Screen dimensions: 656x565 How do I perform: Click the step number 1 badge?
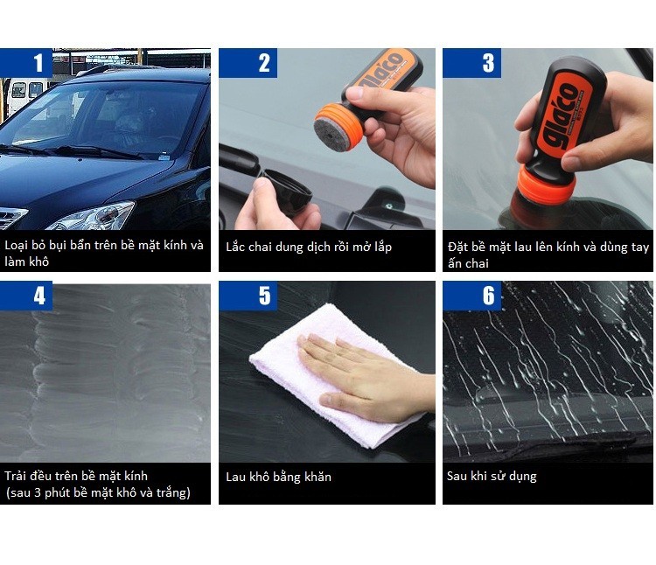point(26,63)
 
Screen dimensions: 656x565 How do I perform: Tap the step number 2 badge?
point(248,63)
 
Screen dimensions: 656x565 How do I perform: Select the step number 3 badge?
point(471,63)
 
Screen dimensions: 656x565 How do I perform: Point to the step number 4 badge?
point(26,296)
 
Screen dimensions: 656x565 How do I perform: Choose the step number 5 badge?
point(248,296)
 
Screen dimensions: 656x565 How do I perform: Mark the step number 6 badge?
point(471,296)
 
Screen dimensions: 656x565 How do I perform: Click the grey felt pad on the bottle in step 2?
point(329,135)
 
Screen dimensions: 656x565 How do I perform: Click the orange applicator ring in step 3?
point(545,184)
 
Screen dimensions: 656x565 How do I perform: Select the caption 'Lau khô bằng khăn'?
point(279,477)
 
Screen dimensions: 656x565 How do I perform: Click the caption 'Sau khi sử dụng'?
point(492,476)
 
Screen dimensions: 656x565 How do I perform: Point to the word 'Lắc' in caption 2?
point(235,247)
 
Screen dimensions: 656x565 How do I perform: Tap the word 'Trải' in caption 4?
point(16,476)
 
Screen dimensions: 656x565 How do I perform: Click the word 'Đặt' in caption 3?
point(457,247)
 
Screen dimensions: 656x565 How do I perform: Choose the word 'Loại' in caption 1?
point(17,245)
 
